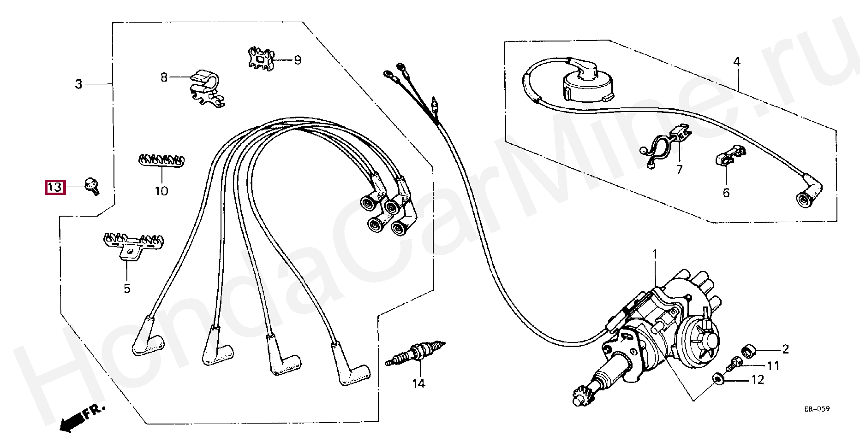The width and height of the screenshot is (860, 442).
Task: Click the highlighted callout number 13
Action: point(55,187)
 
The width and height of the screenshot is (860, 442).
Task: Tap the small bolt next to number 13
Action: point(92,186)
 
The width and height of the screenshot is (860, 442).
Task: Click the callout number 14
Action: point(418,383)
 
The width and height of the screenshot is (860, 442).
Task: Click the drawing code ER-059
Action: point(817,409)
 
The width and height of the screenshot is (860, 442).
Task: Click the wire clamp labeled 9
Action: point(261,59)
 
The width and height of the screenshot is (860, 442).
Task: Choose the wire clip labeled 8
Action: point(206,88)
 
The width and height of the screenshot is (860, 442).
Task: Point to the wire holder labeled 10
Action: point(161,160)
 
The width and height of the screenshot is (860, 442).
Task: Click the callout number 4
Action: point(736,62)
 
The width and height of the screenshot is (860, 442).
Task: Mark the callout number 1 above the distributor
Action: point(654,254)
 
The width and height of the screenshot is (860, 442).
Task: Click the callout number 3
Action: point(79,84)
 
